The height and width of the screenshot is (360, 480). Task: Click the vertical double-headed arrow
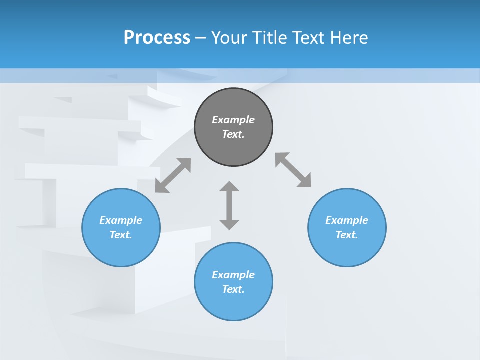[229, 205]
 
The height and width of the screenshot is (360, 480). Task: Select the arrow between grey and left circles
[173, 175]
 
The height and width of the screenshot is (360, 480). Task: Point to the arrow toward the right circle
[293, 170]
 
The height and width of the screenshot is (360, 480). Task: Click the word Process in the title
[157, 37]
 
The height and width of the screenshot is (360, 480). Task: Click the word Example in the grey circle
[233, 120]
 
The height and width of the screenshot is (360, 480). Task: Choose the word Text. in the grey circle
[233, 134]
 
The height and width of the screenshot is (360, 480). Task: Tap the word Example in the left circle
[121, 220]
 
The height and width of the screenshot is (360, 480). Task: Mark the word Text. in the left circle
[121, 235]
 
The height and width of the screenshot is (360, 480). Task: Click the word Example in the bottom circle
[233, 275]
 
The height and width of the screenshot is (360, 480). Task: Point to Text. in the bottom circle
[233, 289]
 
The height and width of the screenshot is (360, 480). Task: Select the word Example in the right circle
[347, 220]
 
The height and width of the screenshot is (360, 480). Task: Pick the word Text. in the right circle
[347, 235]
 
